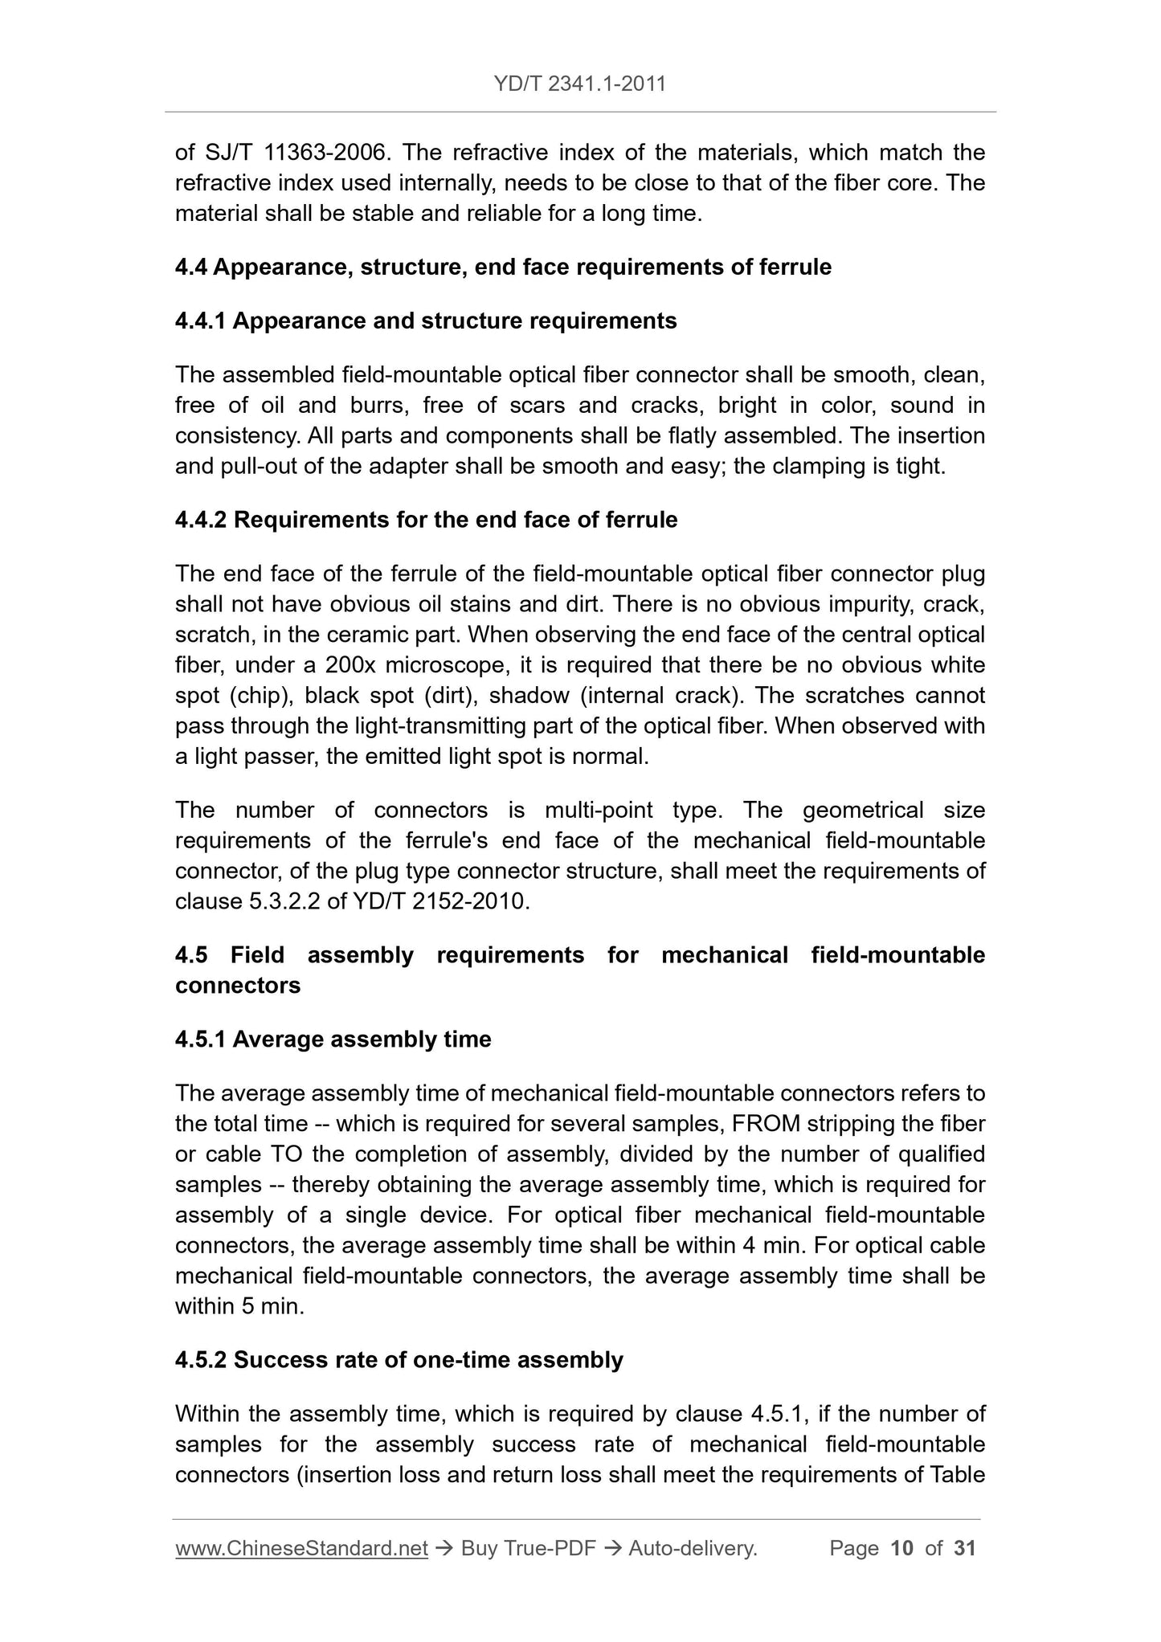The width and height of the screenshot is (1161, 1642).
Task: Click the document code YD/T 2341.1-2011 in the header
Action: (x=580, y=84)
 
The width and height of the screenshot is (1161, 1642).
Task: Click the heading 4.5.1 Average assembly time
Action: (x=333, y=1040)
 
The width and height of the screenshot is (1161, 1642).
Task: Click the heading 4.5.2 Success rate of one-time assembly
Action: (x=399, y=1360)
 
